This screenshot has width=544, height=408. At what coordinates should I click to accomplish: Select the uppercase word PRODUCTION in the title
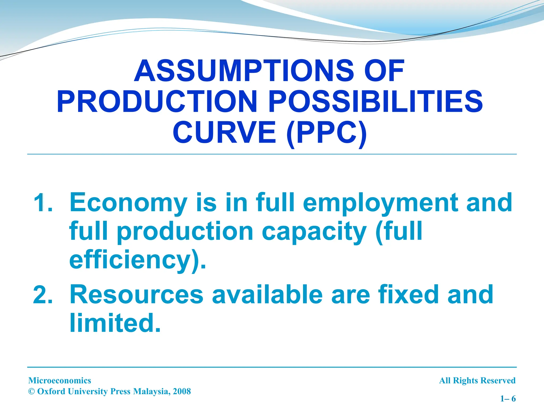tap(157, 102)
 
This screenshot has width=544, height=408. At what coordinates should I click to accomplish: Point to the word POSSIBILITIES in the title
tap(376, 102)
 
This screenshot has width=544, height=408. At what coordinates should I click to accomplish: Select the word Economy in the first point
tap(129, 203)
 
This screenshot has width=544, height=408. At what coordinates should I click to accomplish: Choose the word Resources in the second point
tap(137, 294)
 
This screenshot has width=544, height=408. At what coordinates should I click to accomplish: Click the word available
tap(267, 294)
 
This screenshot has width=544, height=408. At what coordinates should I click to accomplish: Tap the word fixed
tap(409, 294)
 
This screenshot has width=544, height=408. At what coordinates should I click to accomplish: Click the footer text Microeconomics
tap(60, 380)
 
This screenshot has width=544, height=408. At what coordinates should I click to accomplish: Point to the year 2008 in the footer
tap(182, 391)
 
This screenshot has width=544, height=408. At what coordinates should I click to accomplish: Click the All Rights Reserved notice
tap(477, 380)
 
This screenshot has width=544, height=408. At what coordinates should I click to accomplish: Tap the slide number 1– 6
tap(508, 398)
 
